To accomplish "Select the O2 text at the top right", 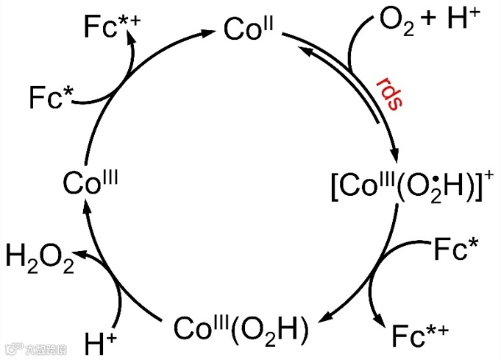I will (396, 20).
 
